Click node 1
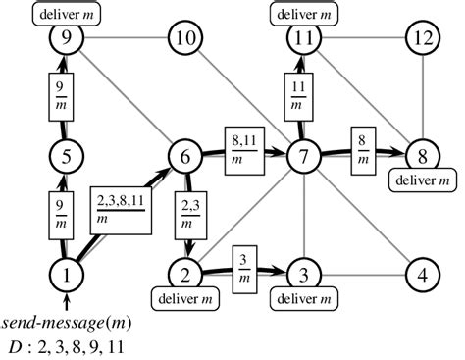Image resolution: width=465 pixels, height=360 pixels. pos(67,272)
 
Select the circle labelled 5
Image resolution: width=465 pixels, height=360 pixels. pos(67,155)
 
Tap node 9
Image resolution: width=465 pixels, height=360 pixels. pos(67,39)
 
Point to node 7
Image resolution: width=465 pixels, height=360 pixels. pos(305,155)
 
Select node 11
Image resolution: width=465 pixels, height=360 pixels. pos(305,39)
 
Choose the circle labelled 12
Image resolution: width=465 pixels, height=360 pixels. pos(422,39)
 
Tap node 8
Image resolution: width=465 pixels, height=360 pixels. pos(422,155)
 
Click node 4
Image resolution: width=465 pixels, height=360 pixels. pos(422,272)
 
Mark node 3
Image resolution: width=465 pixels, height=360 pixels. pos(305,272)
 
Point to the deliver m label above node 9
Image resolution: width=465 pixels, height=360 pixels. pos(67,13)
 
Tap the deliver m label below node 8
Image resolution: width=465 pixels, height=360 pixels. pos(422,180)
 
